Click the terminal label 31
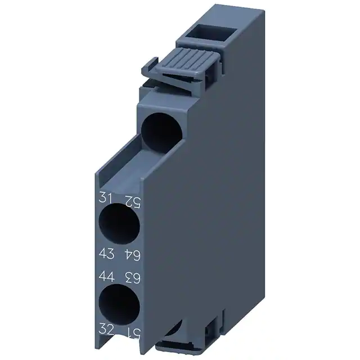[x=105, y=199]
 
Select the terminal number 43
[x=106, y=255]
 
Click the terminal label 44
[x=106, y=276]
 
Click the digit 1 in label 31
[x=109, y=199]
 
